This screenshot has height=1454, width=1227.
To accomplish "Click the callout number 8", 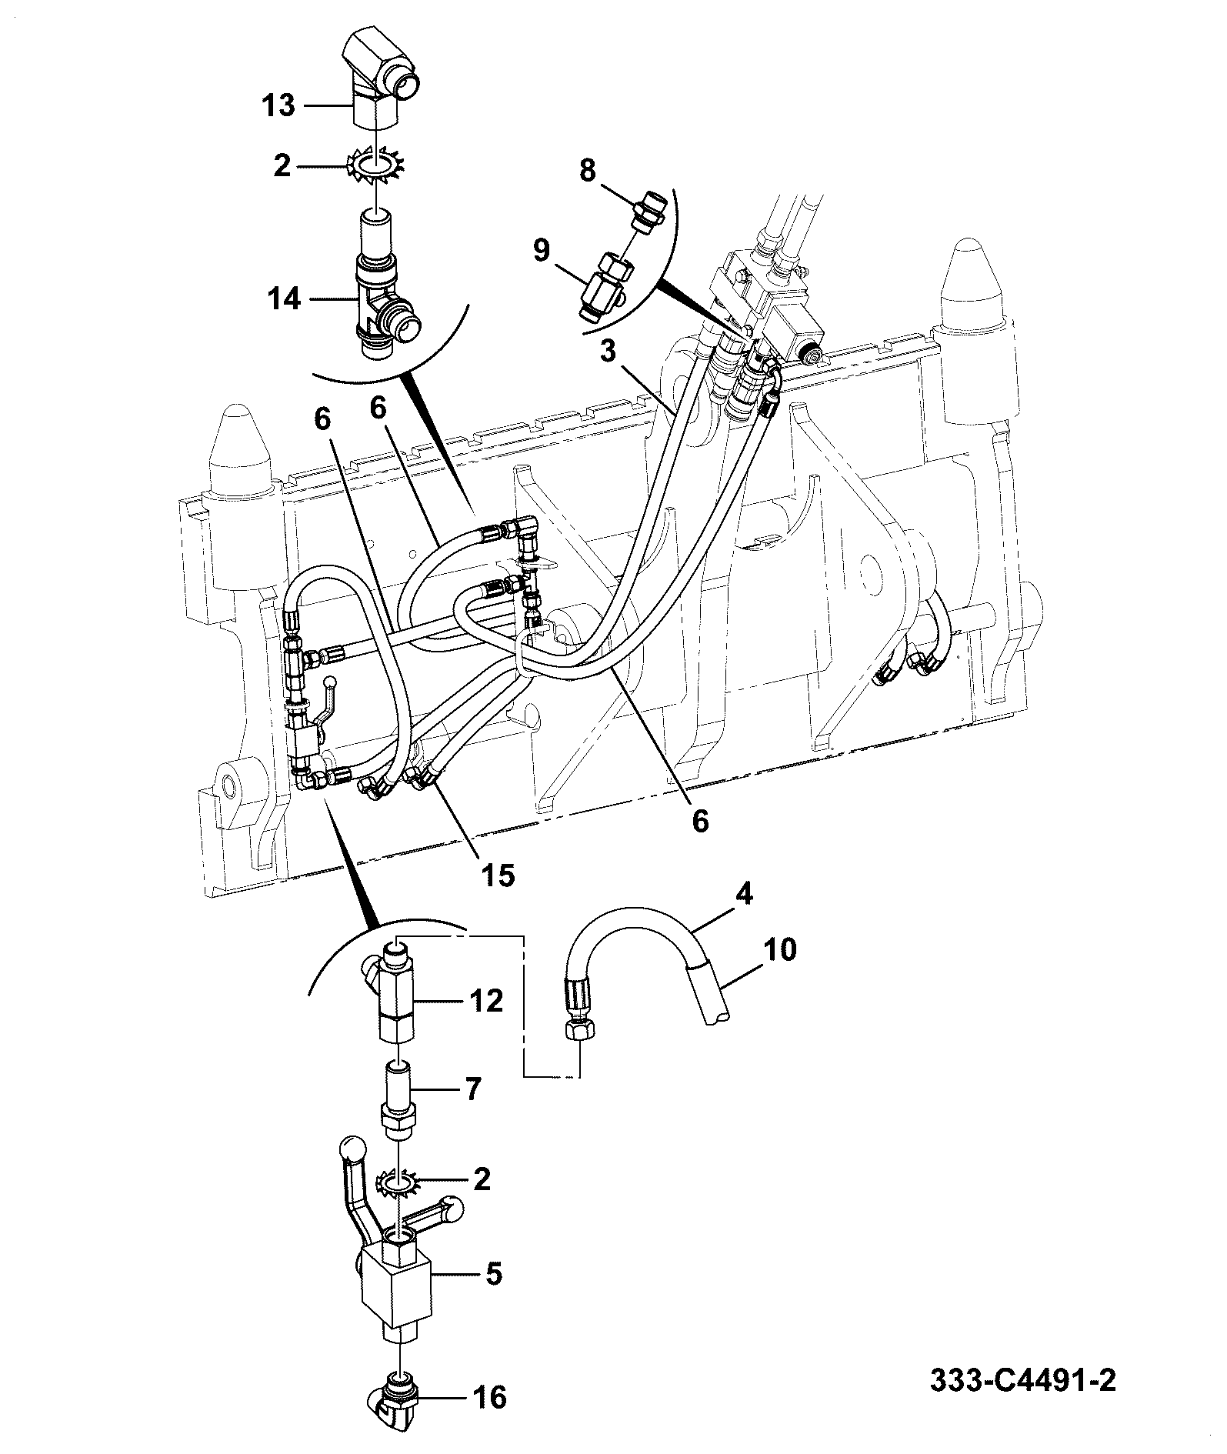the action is point(588,171).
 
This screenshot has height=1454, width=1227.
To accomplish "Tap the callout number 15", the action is point(499,875).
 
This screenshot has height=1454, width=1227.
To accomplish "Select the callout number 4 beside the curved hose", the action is point(744,895).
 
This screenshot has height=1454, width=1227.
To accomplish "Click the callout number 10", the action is point(780,949).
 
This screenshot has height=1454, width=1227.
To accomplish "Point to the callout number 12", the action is point(486,1001).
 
